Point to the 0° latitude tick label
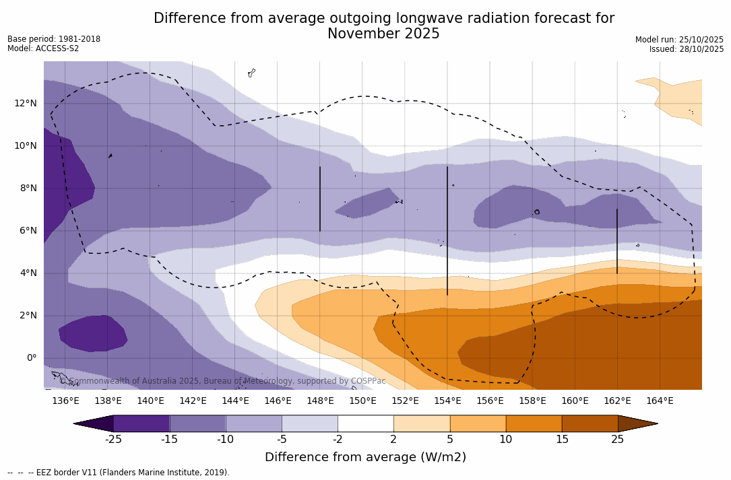coord(31,357)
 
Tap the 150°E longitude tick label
coord(362,401)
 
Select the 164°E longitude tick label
coord(660,401)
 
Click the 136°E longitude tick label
coord(65,401)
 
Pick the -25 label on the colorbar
coord(113,440)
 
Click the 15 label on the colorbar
coord(561,440)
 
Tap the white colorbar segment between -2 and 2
coord(365,423)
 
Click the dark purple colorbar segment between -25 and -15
coord(141,423)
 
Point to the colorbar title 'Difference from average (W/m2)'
coord(365,458)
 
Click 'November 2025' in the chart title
coord(383,34)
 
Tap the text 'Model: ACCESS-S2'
coord(43,48)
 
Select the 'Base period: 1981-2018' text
coord(54,39)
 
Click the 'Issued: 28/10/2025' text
coord(687,49)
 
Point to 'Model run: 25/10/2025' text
coord(679,40)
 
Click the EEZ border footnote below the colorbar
coord(119,473)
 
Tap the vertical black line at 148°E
coord(320,199)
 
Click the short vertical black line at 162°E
coord(617,241)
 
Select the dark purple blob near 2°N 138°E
coord(93,333)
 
